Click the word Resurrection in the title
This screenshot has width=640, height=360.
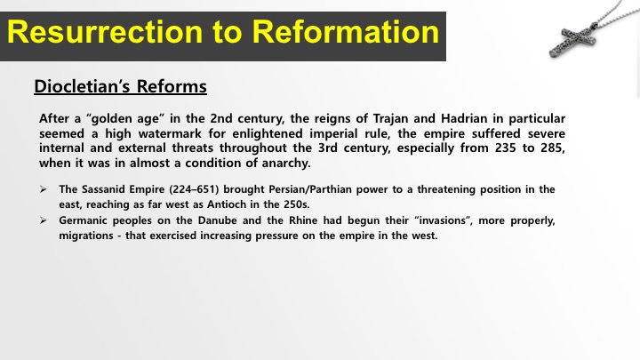tap(105, 32)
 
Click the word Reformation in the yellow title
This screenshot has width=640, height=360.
tap(345, 32)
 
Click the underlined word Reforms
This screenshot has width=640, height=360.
tap(172, 86)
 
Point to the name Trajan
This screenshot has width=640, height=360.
tap(390, 119)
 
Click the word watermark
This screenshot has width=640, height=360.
tap(170, 133)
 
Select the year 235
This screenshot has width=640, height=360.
tap(505, 148)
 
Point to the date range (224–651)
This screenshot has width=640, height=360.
tap(195, 189)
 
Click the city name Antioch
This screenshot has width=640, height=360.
tap(227, 204)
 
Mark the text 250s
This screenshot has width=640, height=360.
tap(296, 204)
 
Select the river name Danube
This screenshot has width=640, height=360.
tap(217, 220)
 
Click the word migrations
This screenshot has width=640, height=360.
tap(86, 236)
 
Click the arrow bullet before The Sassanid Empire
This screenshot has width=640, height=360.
tap(44, 189)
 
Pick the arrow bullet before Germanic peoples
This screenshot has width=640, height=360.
tap(44, 220)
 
